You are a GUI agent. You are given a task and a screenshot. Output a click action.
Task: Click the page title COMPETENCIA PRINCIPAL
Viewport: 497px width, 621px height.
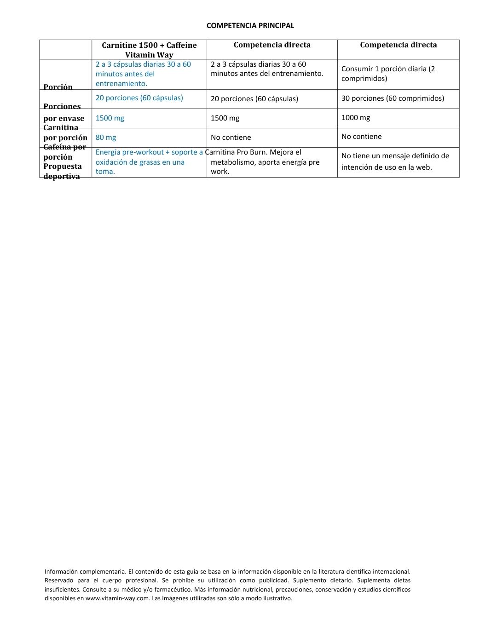click(x=250, y=26)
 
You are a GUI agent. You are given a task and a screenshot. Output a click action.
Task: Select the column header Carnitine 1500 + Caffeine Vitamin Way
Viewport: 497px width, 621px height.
click(x=149, y=50)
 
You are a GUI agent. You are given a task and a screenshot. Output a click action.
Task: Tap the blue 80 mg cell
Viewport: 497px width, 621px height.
click(x=106, y=138)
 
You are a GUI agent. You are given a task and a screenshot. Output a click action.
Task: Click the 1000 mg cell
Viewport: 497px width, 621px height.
click(x=355, y=118)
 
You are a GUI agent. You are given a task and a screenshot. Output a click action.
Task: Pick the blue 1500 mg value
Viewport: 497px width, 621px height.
click(x=110, y=118)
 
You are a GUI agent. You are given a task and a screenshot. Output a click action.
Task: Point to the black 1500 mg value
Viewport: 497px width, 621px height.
click(x=225, y=118)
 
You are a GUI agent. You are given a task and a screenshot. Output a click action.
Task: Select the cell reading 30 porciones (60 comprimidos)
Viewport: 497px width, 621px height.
click(x=393, y=98)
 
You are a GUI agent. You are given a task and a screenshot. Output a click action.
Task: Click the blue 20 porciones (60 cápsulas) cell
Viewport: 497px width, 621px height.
click(x=139, y=98)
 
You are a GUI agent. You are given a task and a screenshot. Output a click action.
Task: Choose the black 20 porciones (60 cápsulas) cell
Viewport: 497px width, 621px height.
click(x=254, y=99)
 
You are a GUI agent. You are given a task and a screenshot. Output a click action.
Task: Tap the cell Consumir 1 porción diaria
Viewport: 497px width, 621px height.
click(x=388, y=74)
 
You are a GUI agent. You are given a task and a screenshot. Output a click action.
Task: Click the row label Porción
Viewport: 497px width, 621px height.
click(x=58, y=87)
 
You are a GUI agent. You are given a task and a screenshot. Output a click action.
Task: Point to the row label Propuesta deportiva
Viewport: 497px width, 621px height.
click(x=62, y=171)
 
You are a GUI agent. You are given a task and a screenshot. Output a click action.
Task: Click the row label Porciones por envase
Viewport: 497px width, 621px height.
click(x=64, y=112)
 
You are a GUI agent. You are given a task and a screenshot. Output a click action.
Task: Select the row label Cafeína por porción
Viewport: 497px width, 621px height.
click(x=64, y=152)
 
